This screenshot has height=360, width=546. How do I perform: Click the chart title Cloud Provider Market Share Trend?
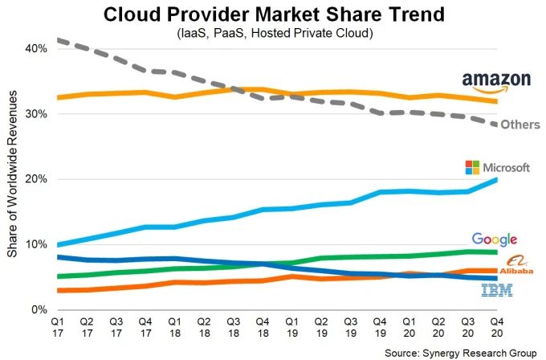(273, 14)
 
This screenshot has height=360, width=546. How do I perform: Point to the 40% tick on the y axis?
(36, 48)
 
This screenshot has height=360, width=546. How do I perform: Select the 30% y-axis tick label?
(36, 114)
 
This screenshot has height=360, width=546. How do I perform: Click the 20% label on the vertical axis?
(36, 179)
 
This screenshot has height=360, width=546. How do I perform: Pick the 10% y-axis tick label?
(36, 244)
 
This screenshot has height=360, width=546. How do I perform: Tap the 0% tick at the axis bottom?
(39, 309)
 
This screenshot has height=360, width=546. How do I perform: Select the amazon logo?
(496, 80)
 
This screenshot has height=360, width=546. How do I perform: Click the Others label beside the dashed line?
(520, 125)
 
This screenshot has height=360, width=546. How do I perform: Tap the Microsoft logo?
(498, 167)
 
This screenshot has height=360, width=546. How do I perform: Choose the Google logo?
(495, 239)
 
